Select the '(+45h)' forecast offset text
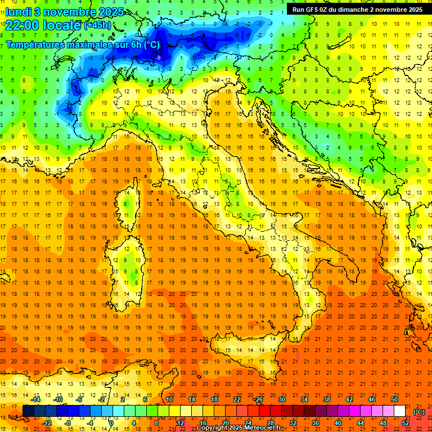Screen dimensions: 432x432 click(97, 25)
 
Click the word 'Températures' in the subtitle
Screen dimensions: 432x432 click(34, 44)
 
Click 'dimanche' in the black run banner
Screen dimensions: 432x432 click(361, 10)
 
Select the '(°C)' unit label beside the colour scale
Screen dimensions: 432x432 click(419, 412)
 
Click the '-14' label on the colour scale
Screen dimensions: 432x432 click(37, 399)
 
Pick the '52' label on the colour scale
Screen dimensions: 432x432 click(406, 423)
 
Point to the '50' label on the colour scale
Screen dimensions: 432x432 click(394, 399)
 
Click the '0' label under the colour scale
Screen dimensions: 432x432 click(111, 423)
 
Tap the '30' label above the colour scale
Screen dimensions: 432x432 click(281, 399)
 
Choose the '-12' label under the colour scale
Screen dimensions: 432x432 click(47, 423)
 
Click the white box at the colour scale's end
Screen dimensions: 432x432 click(400, 411)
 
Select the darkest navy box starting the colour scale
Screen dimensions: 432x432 click(28, 411)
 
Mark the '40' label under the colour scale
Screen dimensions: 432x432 click(338, 423)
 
